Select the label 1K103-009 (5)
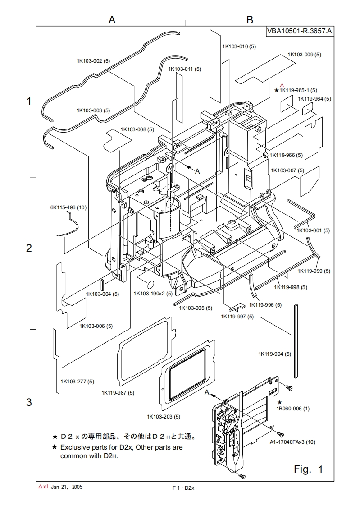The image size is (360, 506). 305,55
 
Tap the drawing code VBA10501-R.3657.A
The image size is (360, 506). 300,31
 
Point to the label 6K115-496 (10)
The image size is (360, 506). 68,207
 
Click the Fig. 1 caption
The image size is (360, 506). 308,469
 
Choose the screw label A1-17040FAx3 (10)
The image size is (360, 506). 293,442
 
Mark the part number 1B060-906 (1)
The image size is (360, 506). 293,409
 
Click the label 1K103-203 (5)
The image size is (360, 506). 164,416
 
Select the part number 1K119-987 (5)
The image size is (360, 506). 118,393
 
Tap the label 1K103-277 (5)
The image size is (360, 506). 77,382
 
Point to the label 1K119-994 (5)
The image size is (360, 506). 274,354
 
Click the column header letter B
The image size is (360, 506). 250,19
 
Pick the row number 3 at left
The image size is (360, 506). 29,402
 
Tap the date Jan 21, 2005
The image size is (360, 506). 67,487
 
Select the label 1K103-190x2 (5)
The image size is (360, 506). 153,294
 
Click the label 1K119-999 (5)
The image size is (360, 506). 314,271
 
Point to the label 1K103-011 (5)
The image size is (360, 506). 184,69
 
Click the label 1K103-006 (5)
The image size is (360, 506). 96,326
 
